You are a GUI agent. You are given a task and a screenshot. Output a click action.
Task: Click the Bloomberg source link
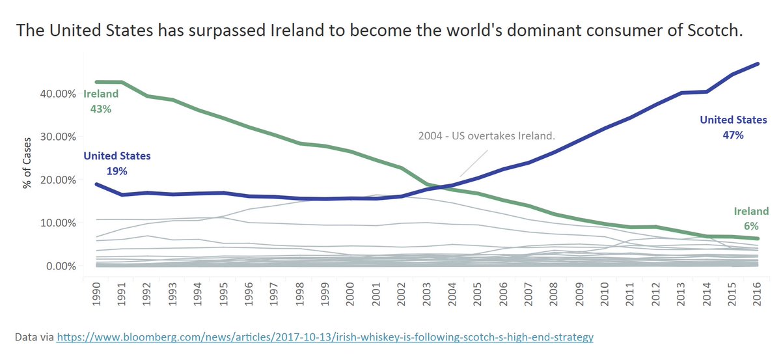coord(325,338)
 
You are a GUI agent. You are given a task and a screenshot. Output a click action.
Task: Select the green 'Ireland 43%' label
coord(101,102)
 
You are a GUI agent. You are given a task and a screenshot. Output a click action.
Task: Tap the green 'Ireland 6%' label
coord(751,218)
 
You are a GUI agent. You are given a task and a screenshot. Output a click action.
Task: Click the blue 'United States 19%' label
coord(116,163)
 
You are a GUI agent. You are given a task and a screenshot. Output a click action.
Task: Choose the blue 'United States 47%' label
coord(733,127)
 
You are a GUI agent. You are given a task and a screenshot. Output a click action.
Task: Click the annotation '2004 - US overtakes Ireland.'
coord(486,136)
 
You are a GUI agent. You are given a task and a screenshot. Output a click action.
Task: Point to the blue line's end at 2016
coord(758,64)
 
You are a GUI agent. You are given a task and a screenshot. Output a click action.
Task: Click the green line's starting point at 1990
coord(97,82)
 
